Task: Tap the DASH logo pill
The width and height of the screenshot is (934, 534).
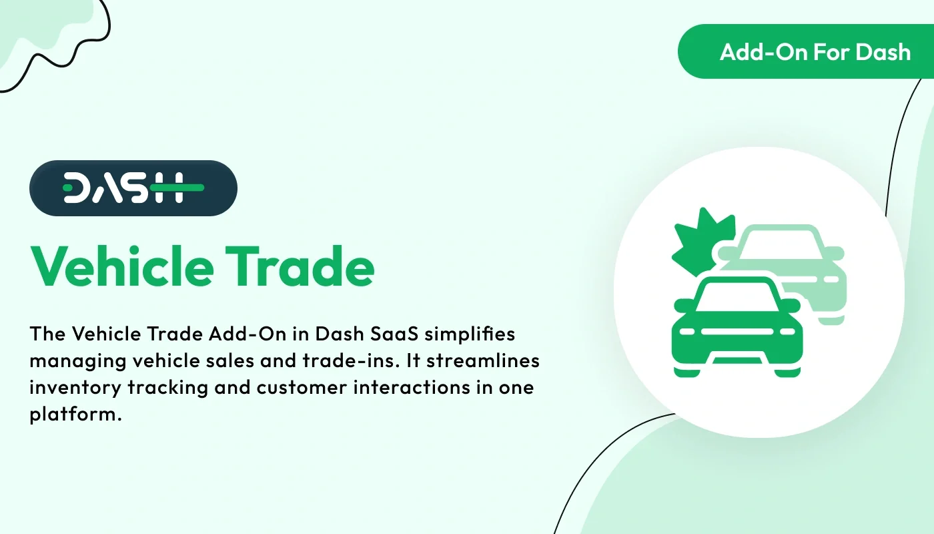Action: tap(133, 188)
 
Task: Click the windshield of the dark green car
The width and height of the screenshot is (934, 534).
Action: tap(737, 296)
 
